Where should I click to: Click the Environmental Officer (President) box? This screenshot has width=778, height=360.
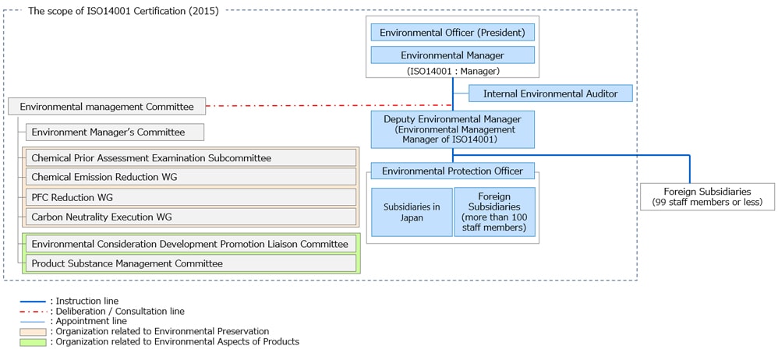452,33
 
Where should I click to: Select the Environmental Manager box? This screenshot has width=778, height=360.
452,55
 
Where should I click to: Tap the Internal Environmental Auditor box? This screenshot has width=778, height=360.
550,94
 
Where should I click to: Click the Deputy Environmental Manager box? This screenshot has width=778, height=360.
452,129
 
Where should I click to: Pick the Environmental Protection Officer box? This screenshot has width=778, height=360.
452,171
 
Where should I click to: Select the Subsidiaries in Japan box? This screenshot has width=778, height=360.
412,212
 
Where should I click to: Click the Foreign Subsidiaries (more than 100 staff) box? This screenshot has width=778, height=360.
494,212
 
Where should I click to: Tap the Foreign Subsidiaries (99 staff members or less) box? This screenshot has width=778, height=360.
707,196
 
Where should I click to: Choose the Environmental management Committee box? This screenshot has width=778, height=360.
106,106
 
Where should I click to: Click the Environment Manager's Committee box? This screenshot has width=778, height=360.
115,132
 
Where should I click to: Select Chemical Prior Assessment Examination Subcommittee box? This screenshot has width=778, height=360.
190,157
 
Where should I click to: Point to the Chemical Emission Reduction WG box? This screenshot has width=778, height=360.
190,177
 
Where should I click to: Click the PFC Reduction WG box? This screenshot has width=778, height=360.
190,197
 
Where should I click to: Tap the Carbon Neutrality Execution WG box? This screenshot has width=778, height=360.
190,217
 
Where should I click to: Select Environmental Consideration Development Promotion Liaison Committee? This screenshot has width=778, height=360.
190,244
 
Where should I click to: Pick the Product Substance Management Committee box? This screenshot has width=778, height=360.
190,263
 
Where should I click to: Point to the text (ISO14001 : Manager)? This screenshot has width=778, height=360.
452,71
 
